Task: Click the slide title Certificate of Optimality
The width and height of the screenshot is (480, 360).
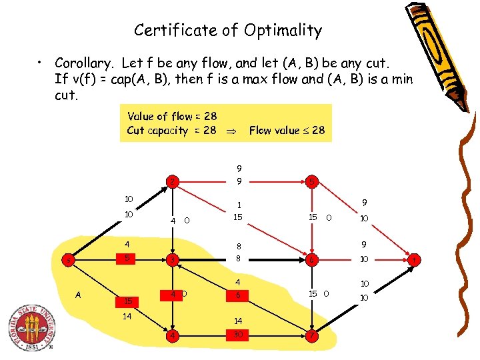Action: (228, 31)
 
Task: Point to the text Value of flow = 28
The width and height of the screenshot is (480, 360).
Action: (172, 116)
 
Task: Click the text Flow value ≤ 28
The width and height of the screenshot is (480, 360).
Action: (287, 131)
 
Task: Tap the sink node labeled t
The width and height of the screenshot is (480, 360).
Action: (414, 259)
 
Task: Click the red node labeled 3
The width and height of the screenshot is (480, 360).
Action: (172, 259)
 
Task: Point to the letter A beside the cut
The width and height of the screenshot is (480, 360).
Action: (81, 293)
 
